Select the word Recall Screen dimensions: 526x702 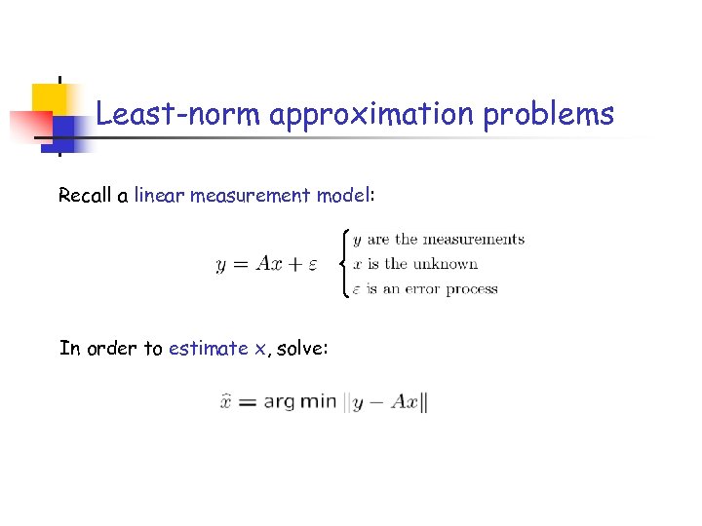click(x=86, y=196)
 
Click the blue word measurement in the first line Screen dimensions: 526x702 click(x=251, y=196)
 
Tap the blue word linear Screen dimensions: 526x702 click(x=160, y=196)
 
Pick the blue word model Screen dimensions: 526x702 click(x=342, y=196)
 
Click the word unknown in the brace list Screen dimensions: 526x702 click(x=445, y=264)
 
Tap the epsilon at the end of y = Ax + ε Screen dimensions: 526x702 click(x=313, y=265)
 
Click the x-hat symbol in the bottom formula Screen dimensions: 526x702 click(x=225, y=401)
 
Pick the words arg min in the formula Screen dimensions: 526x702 click(x=299, y=401)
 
